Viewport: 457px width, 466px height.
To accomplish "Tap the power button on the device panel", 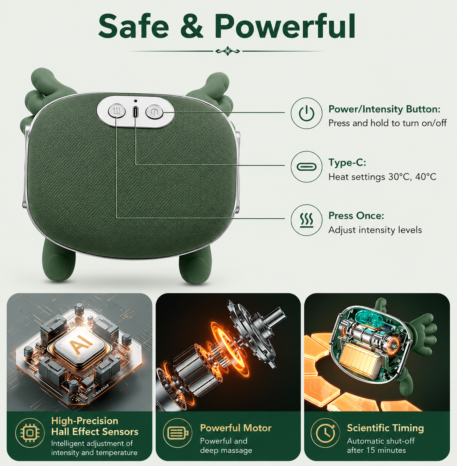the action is point(154,112).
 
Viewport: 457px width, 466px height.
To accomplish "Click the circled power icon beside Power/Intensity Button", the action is point(306,113).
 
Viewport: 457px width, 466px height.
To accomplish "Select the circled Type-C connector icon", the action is point(306,167).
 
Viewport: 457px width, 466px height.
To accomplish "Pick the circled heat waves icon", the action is point(306,220).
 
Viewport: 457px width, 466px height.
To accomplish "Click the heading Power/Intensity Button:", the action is point(384,109).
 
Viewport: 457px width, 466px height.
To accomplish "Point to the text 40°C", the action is point(426,177).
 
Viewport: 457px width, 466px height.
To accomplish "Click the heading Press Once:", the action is point(356,216).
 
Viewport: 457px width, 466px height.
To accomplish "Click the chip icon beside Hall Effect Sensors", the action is point(30,433).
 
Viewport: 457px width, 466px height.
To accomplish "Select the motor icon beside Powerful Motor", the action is point(177,433).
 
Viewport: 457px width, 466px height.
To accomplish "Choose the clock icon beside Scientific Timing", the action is point(325,433).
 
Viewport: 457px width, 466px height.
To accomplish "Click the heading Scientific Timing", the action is point(385,428).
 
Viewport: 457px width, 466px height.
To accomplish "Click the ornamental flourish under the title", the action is point(228,51).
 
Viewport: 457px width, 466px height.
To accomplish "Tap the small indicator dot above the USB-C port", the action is point(136,101).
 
